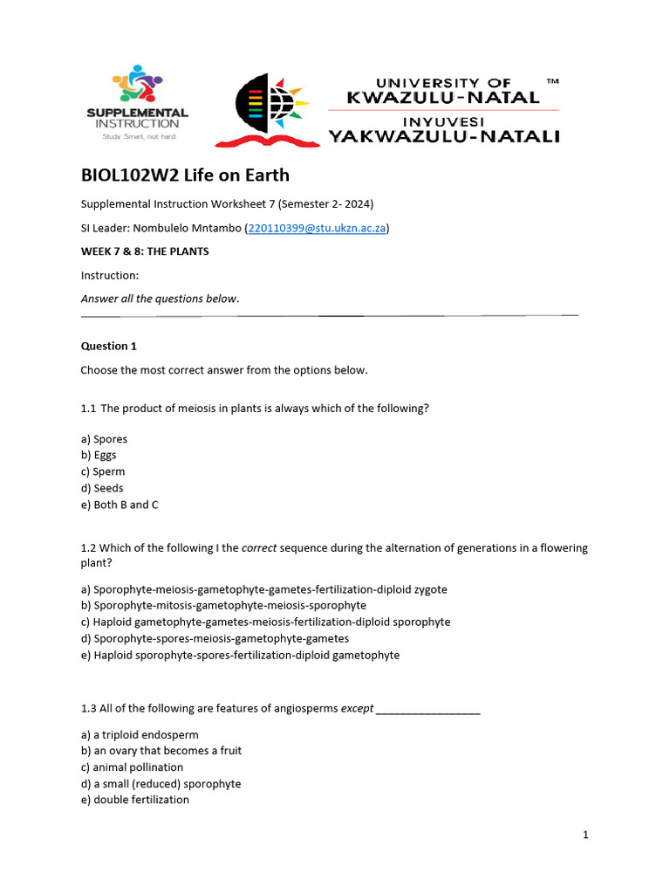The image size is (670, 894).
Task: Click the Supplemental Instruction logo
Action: (x=137, y=102)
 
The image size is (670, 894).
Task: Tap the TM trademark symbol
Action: (x=551, y=81)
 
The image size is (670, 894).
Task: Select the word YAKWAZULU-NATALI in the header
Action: (x=444, y=135)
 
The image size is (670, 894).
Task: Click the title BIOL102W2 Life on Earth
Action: (x=185, y=175)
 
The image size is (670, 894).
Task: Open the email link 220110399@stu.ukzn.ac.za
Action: (x=317, y=228)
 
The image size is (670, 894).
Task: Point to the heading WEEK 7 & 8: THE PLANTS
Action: (x=145, y=251)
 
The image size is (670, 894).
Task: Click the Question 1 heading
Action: (x=109, y=346)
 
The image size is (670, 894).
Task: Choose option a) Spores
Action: (x=104, y=439)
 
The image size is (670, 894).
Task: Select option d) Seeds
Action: (x=102, y=488)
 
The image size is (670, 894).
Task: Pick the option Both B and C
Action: (x=120, y=505)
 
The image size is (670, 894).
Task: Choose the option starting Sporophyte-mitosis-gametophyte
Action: (x=223, y=605)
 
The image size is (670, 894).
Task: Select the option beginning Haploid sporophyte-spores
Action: (x=240, y=655)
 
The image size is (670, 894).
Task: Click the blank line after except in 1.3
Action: (x=427, y=709)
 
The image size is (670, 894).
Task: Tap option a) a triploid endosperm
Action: (x=140, y=734)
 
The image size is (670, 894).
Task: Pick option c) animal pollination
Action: (x=132, y=767)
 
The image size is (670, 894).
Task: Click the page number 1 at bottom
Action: (x=585, y=836)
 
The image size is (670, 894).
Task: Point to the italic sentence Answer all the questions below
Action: (x=160, y=299)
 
